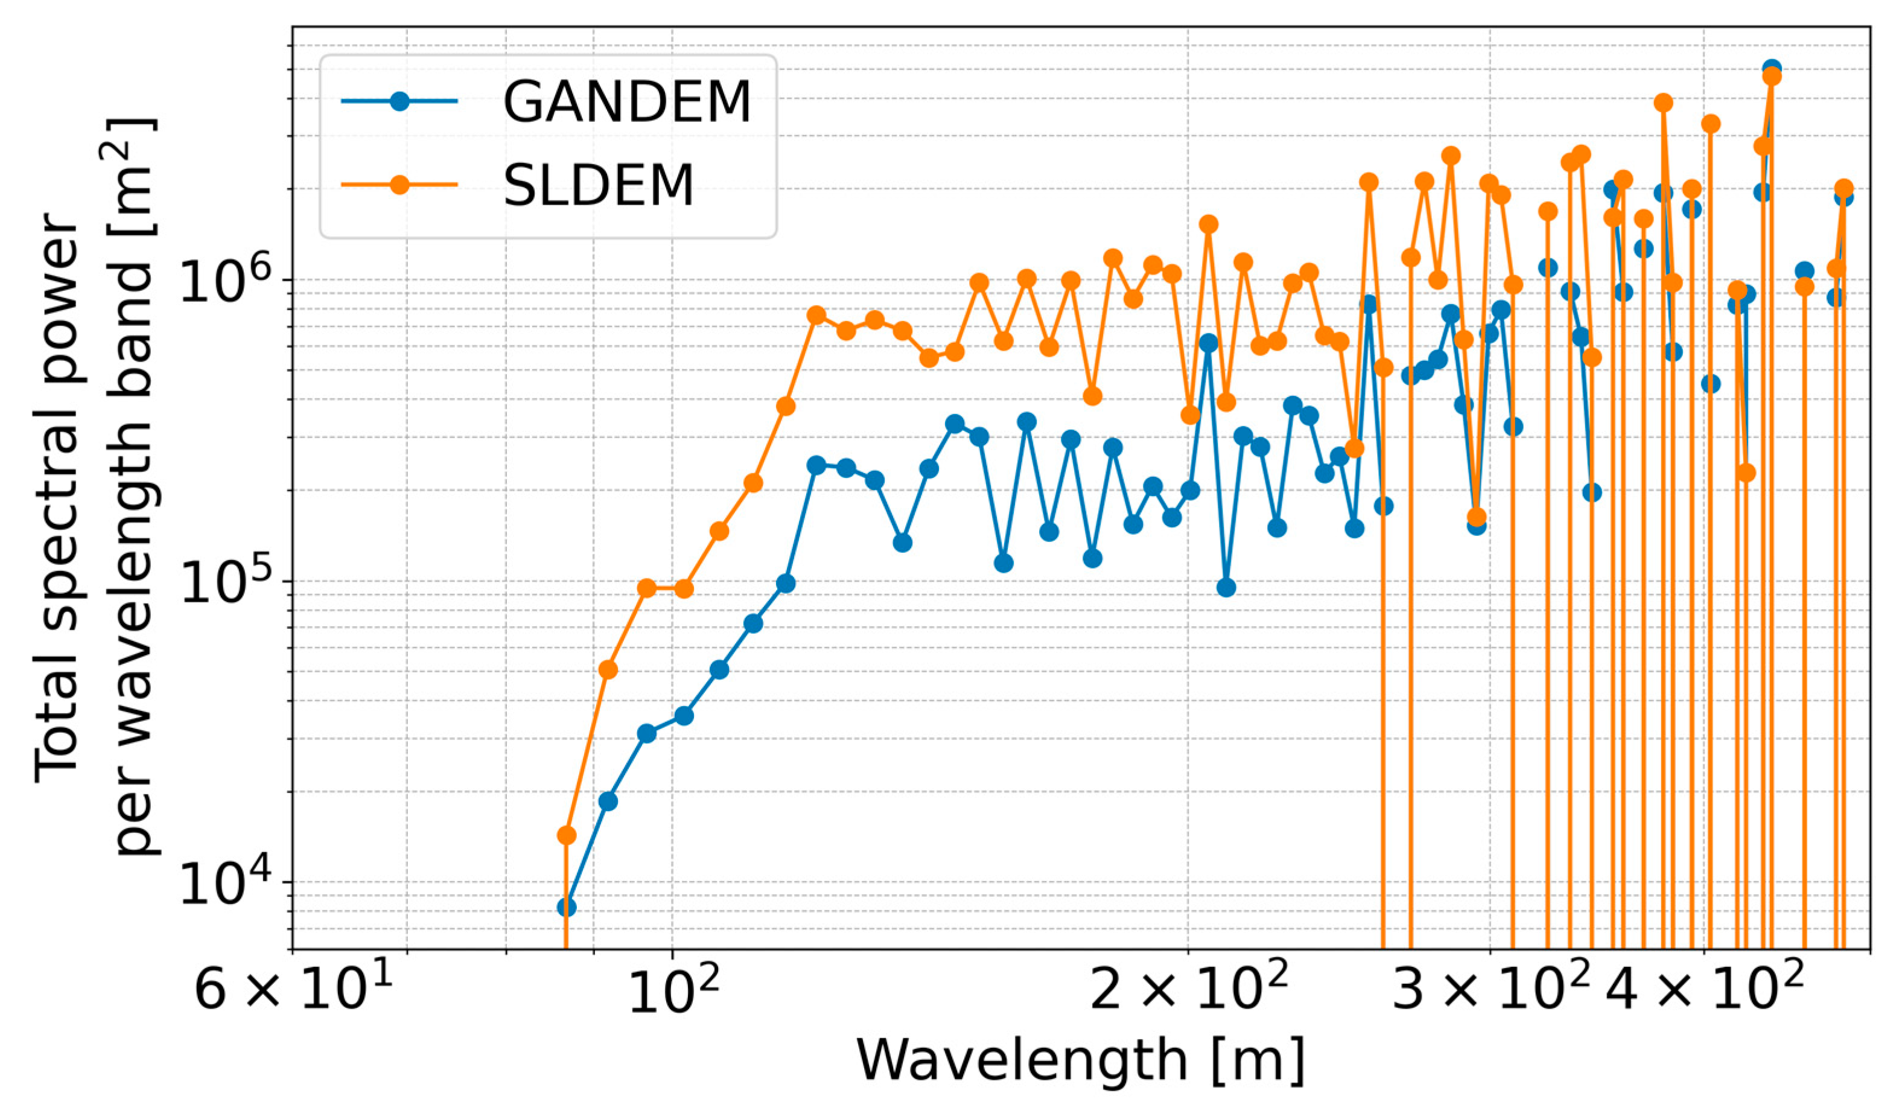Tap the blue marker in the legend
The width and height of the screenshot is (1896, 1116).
[399, 101]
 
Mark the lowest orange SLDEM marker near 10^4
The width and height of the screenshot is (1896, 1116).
[567, 835]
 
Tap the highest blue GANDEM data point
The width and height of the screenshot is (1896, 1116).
[1771, 69]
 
